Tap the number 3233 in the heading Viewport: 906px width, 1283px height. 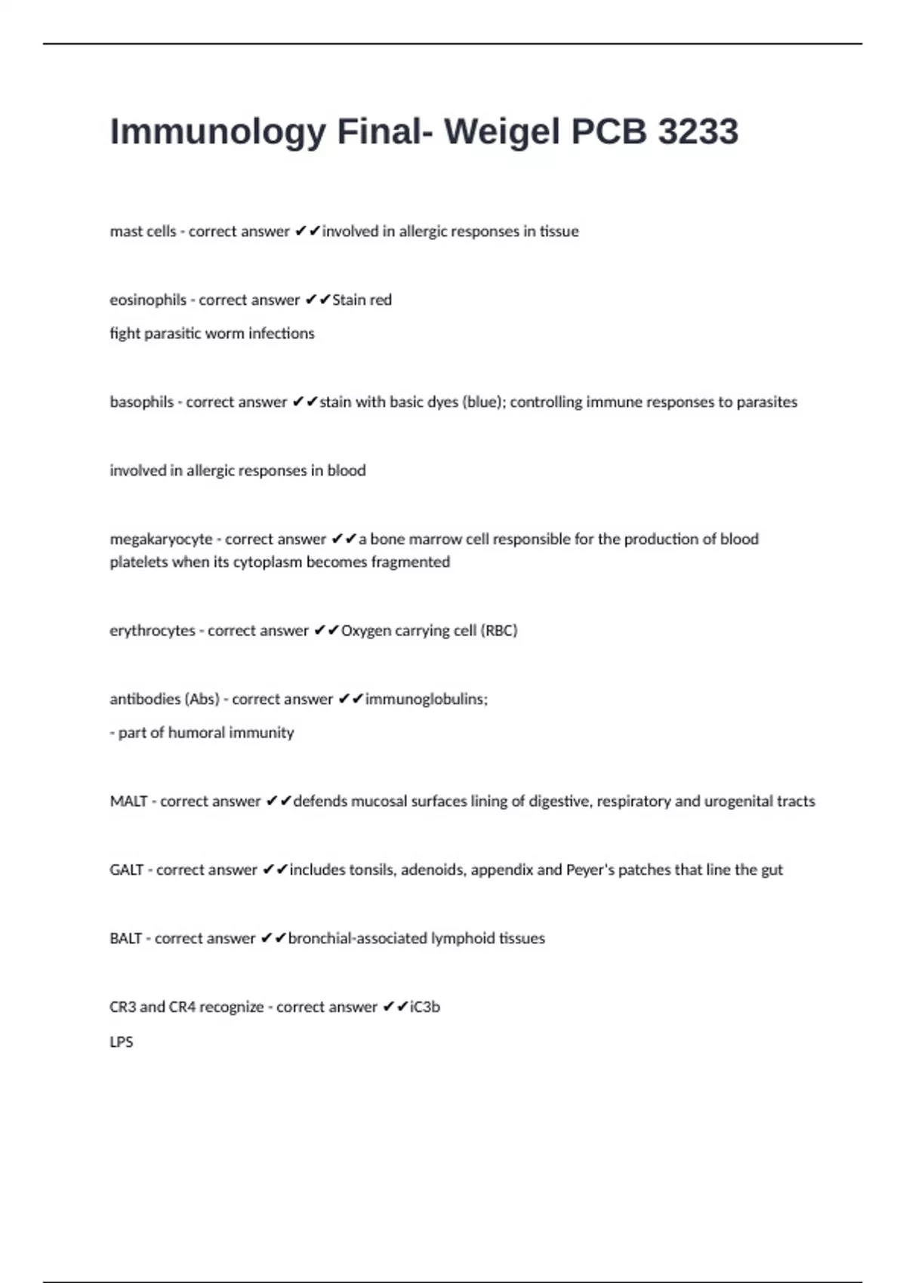[x=698, y=132]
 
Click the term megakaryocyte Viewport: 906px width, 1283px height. [x=161, y=540]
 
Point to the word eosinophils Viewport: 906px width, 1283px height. [x=148, y=300]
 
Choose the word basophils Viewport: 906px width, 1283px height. [x=142, y=402]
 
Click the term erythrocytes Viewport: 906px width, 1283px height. [x=153, y=631]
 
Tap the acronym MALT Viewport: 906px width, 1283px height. [x=128, y=801]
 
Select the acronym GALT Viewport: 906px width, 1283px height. [x=127, y=870]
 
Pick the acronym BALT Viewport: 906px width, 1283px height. [x=126, y=939]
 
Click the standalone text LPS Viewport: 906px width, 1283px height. [x=122, y=1041]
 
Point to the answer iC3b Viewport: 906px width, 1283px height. [x=425, y=1008]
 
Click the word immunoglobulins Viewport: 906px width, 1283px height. [x=427, y=700]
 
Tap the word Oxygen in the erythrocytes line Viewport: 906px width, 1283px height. [x=366, y=631]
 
